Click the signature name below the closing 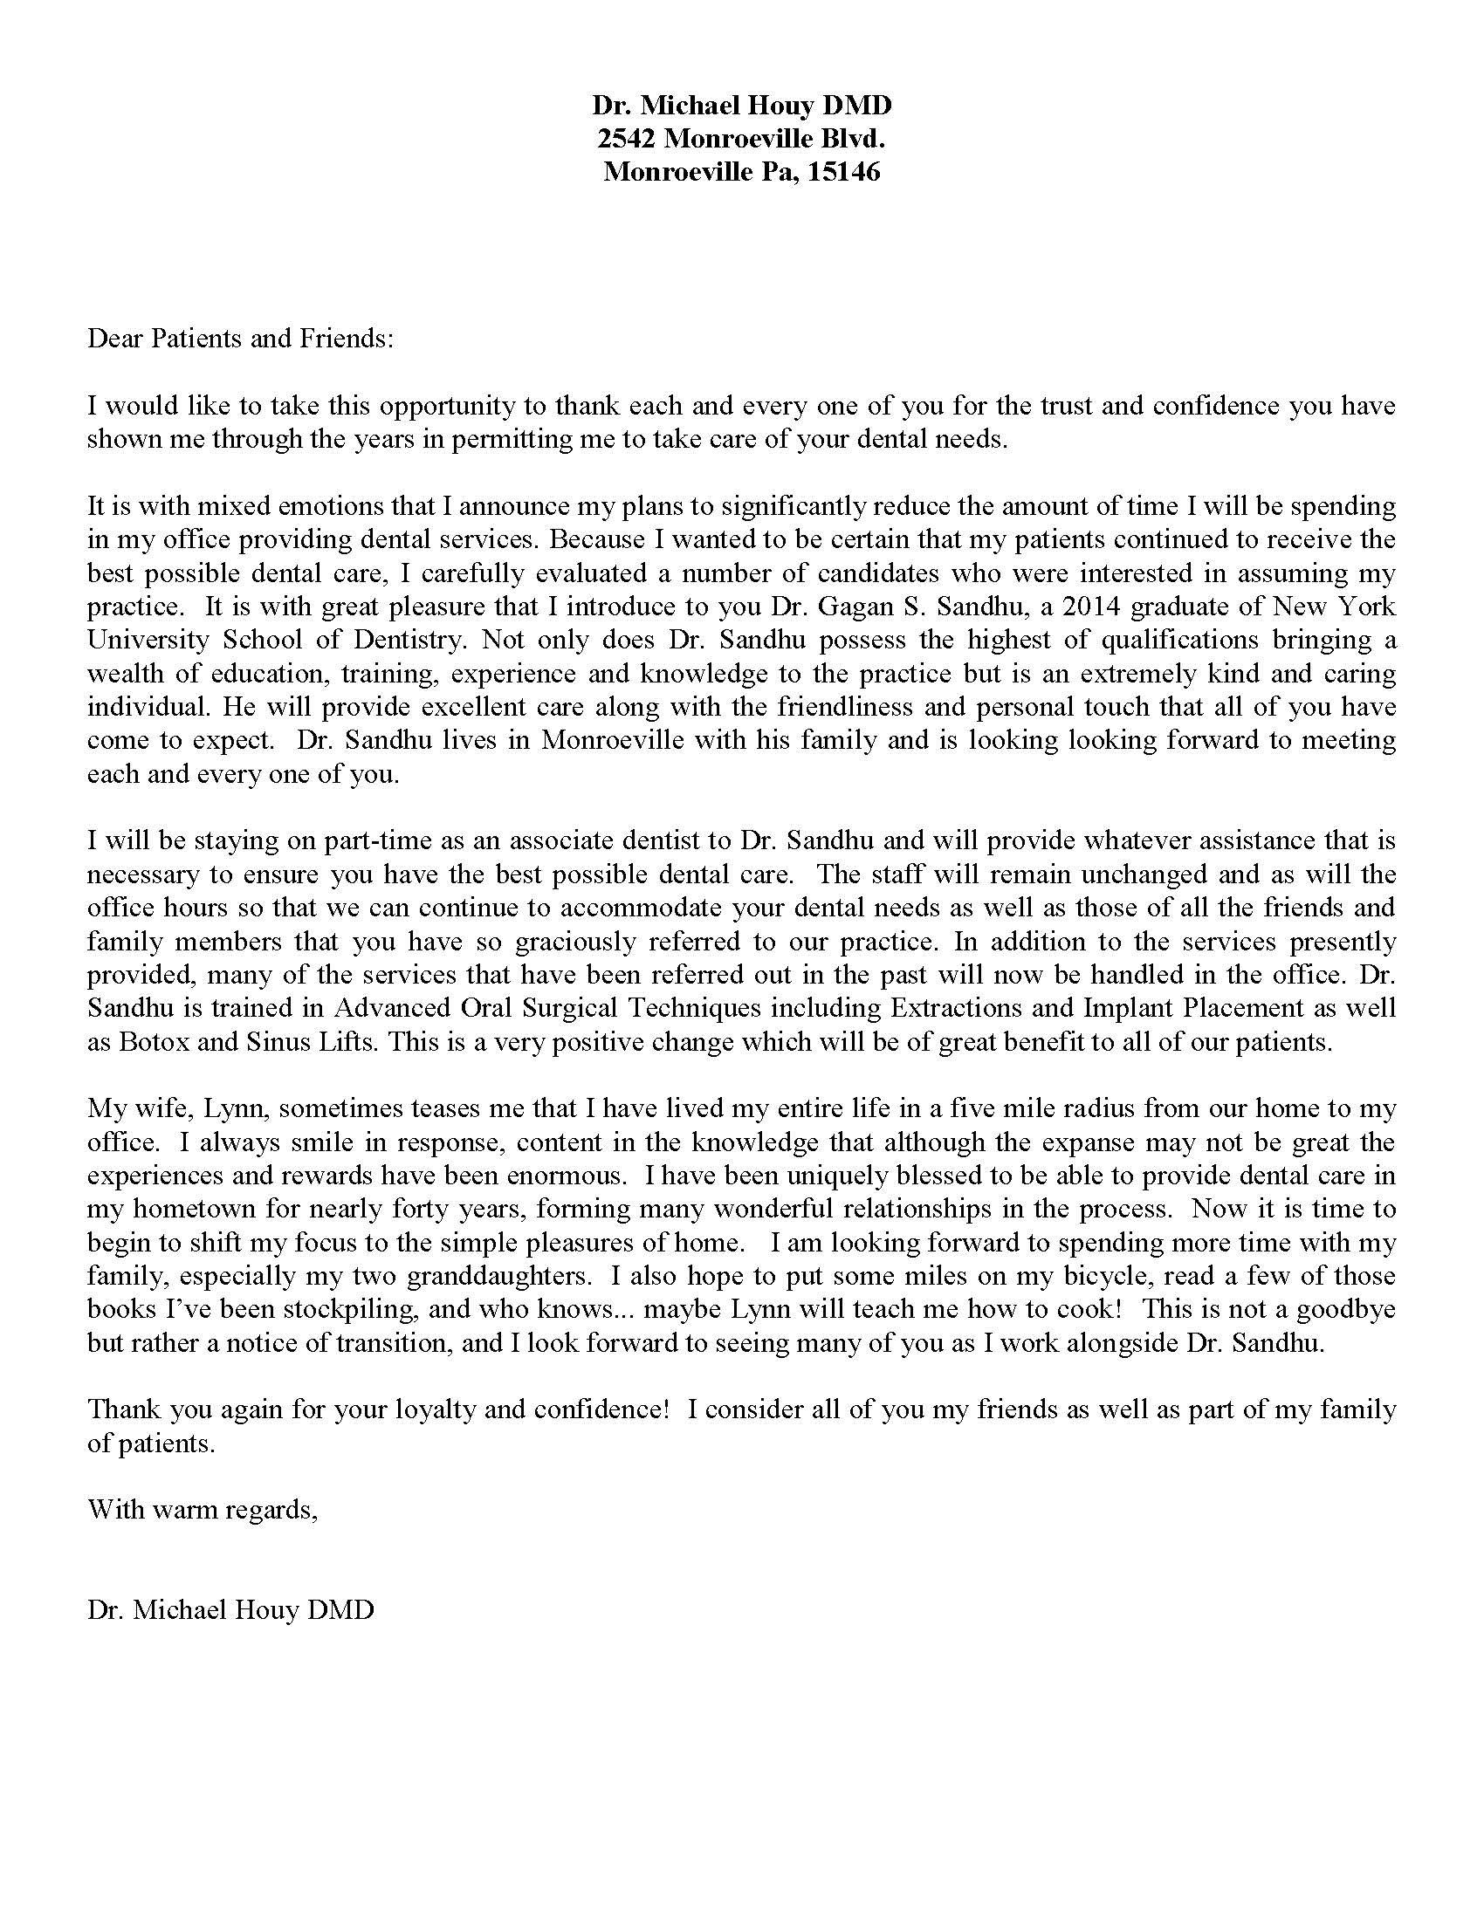(231, 1609)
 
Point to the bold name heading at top (741, 106)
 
